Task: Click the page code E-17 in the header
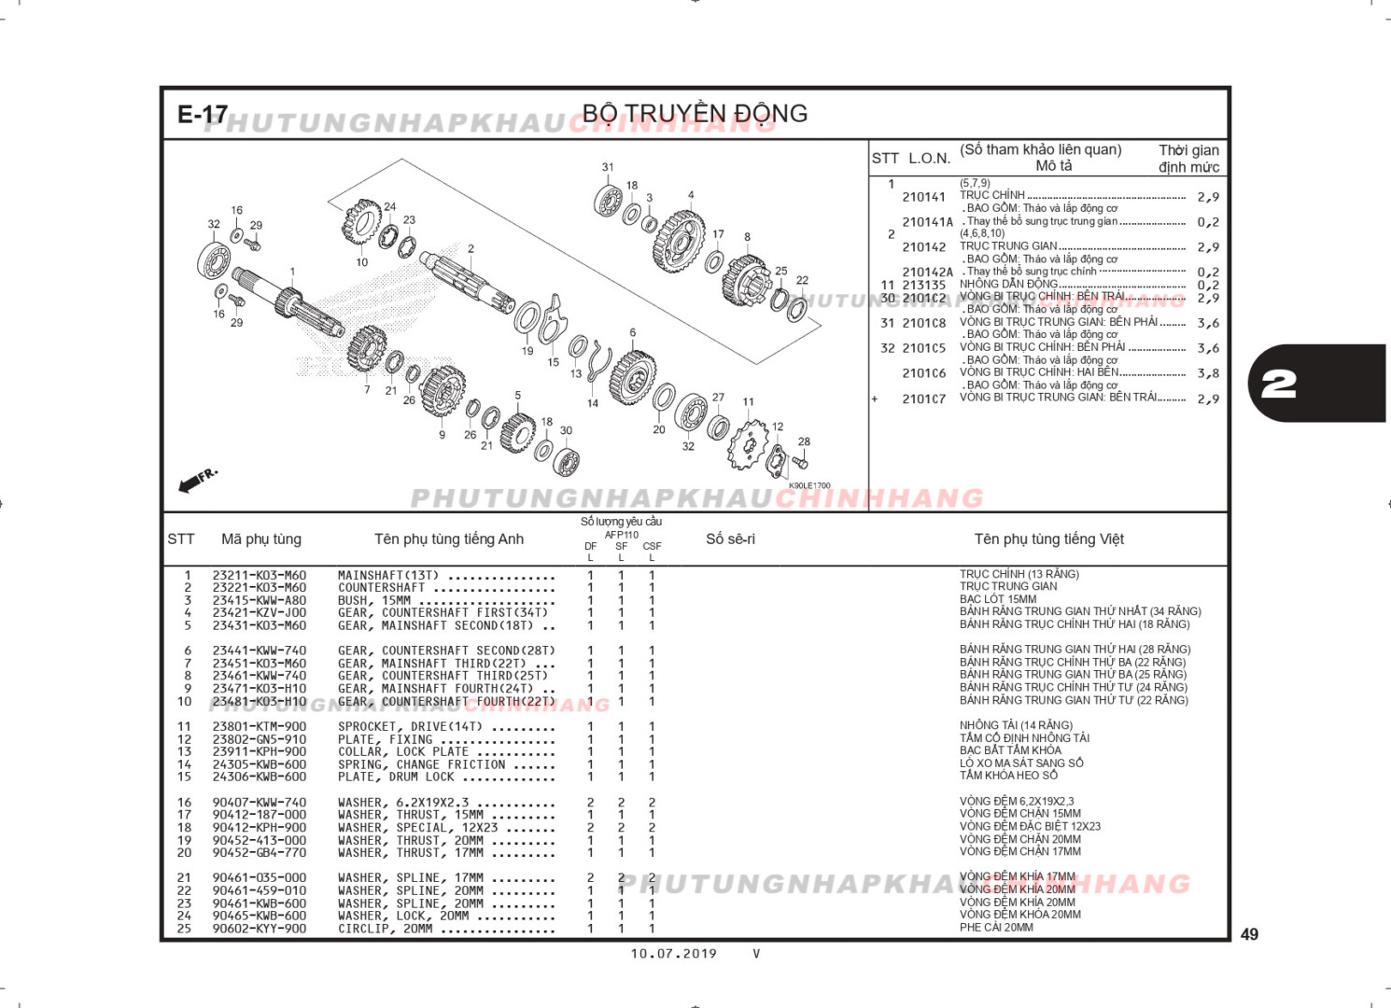203,115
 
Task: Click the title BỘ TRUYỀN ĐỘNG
695,114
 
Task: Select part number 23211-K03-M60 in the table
259,575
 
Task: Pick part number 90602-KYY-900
259,929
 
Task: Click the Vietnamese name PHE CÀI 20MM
996,928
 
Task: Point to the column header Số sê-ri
730,539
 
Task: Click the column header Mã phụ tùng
261,539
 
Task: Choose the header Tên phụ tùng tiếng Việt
1048,539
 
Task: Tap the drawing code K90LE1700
808,485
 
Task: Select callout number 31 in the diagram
608,168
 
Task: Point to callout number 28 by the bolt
804,441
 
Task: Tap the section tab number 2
1279,384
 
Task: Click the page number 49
1249,934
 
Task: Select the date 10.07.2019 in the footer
673,954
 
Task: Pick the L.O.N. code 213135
923,285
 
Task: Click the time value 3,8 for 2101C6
1208,373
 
